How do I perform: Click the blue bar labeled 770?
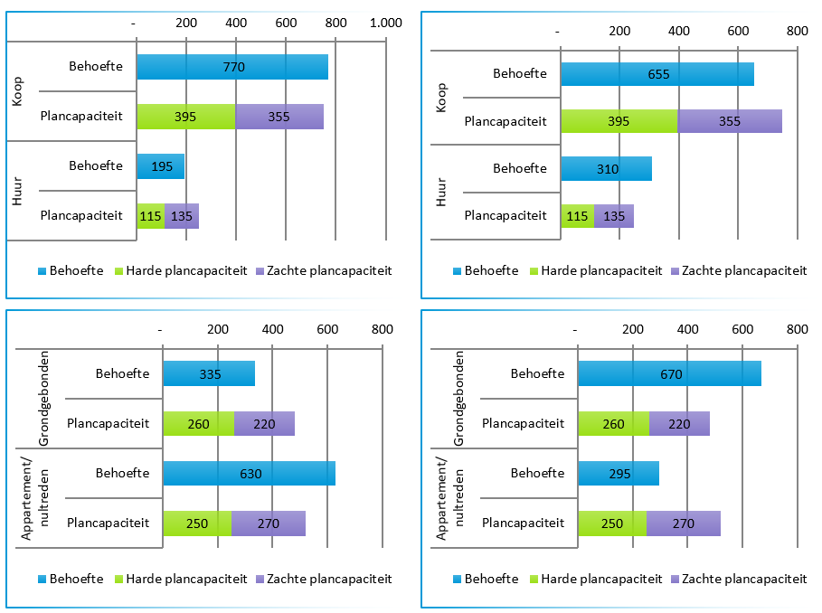point(232,67)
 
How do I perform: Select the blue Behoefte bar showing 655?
point(657,74)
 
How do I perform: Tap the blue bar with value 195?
point(160,166)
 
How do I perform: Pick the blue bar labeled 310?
point(606,169)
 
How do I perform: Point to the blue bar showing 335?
point(209,373)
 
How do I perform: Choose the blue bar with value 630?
point(249,473)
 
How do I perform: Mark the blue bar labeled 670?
point(669,373)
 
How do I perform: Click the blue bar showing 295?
point(619,473)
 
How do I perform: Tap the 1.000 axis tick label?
point(386,22)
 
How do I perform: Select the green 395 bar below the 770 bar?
point(185,117)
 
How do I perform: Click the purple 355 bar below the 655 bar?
point(729,121)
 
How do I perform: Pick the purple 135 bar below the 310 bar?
point(614,216)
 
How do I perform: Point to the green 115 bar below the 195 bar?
point(150,216)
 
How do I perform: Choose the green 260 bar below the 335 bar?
point(198,423)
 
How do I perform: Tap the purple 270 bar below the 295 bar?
point(684,523)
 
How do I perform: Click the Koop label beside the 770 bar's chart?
point(19,91)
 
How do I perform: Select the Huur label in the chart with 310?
point(441,193)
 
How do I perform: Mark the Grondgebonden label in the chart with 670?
point(458,398)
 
